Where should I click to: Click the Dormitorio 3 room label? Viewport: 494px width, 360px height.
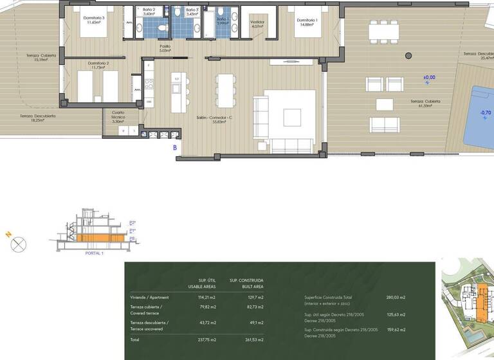click(94, 18)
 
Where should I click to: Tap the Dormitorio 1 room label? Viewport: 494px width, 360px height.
click(306, 21)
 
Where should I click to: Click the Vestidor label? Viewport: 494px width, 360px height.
click(257, 21)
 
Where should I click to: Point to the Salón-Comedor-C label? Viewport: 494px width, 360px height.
click(214, 118)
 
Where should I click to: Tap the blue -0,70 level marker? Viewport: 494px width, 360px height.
click(486, 113)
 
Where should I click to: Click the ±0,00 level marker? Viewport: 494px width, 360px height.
click(429, 77)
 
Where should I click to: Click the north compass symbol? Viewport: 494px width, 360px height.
click(19, 244)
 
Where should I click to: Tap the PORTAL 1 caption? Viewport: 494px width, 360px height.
click(95, 253)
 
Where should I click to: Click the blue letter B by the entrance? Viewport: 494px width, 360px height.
click(174, 147)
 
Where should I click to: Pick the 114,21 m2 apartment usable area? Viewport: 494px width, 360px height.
click(207, 298)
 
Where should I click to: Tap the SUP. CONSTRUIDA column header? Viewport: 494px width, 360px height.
click(250, 280)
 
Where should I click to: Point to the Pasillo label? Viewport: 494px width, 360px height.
click(165, 47)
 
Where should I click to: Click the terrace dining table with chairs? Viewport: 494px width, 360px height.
click(383, 30)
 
